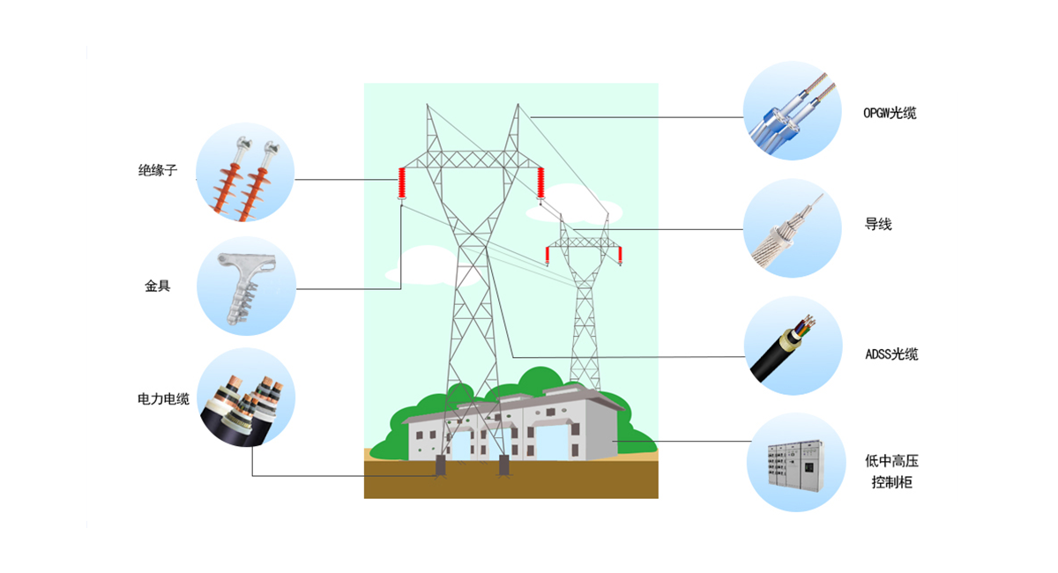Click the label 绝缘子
[x=158, y=171]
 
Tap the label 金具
[x=158, y=286]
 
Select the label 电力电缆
[x=164, y=399]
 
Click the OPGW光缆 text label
[x=890, y=113]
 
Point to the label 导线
[x=878, y=225]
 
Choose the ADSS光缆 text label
[x=891, y=354]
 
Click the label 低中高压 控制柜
[x=891, y=472]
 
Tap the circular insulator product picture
[x=245, y=172]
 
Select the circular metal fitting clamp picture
[x=245, y=286]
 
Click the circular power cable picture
[x=245, y=398]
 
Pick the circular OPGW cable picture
[x=793, y=110]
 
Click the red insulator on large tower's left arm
[x=402, y=182]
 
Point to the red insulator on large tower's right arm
[x=540, y=182]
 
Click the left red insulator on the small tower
[x=548, y=255]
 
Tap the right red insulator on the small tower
[x=620, y=255]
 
